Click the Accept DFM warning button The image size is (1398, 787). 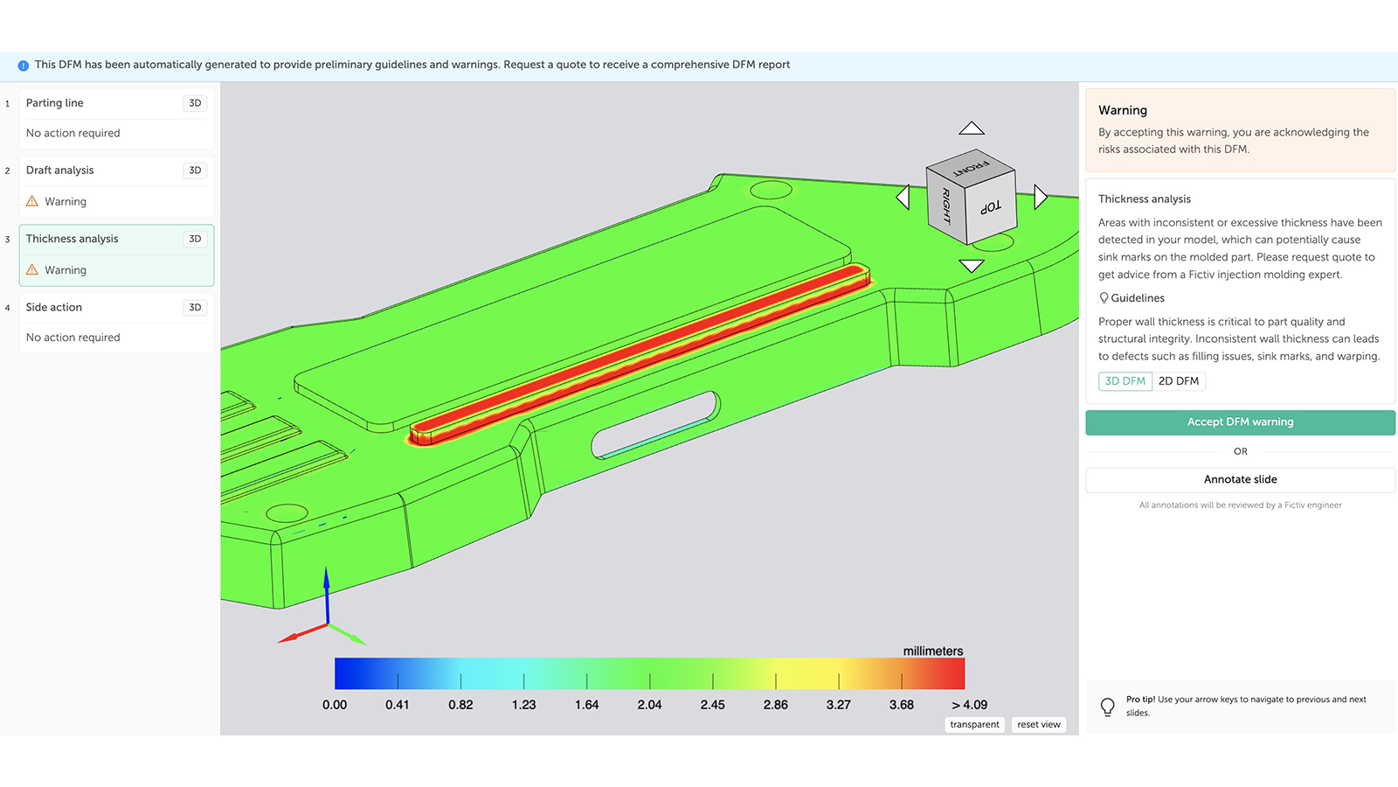(x=1240, y=422)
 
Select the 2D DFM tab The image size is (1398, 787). (x=1178, y=381)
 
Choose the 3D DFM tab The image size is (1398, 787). (x=1125, y=381)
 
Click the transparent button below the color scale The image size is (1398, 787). (x=974, y=725)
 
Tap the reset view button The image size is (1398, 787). (x=1038, y=725)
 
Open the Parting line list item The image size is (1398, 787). (x=55, y=103)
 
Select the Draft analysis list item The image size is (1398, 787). (x=59, y=171)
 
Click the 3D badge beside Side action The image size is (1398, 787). (x=195, y=308)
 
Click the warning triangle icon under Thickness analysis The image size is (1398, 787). (x=32, y=270)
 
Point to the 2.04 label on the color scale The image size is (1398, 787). (x=649, y=705)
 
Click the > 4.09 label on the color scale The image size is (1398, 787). (x=969, y=705)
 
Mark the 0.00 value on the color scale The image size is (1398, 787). (x=335, y=705)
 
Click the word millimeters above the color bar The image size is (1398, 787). (x=932, y=651)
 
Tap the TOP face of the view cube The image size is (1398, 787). (x=991, y=207)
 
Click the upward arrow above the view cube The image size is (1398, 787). (x=972, y=129)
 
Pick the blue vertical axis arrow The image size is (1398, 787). (x=327, y=590)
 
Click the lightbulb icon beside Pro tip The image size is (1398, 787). (x=1107, y=707)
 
